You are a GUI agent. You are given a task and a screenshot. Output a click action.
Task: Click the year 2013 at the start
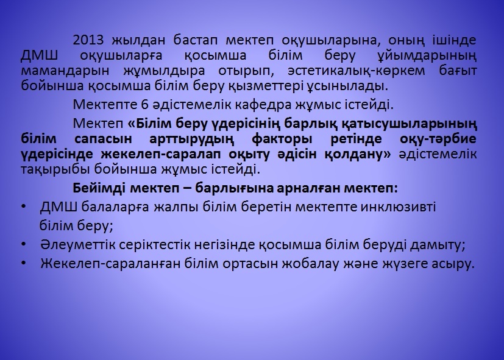(88, 40)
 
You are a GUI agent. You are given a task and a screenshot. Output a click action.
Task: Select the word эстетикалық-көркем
(356, 71)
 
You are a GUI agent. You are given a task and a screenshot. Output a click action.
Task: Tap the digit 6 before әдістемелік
(144, 105)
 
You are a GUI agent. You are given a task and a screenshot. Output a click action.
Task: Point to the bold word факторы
(282, 139)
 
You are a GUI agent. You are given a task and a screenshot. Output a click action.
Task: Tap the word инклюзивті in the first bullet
(398, 208)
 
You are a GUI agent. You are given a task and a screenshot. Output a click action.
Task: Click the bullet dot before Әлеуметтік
(24, 244)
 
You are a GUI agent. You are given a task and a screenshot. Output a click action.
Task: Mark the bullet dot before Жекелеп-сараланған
(24, 263)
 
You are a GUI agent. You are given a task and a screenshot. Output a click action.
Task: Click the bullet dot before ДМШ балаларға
(24, 207)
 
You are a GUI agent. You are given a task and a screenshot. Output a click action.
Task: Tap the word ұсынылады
(347, 86)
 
